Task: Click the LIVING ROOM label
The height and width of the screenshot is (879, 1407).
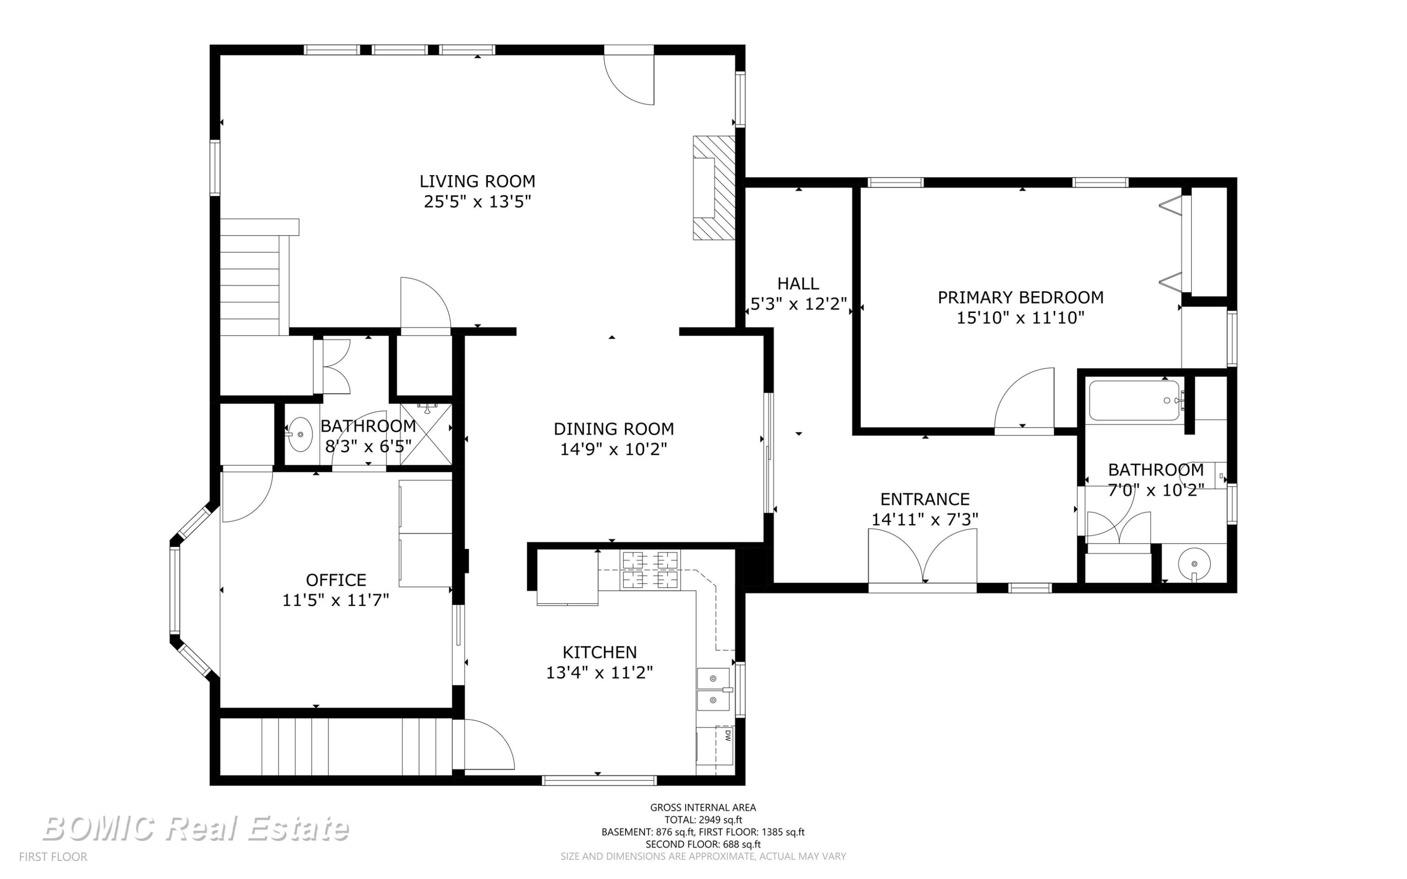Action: coord(477,181)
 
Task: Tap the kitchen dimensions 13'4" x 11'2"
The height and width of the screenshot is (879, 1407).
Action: coord(599,673)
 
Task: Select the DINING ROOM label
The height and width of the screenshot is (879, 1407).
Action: coord(613,429)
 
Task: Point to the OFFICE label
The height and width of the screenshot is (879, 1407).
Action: coord(336,580)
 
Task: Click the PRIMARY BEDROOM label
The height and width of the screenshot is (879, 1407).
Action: coord(1021,298)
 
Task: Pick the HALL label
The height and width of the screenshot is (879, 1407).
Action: coord(798,284)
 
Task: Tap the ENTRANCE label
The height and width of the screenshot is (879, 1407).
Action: coord(925,499)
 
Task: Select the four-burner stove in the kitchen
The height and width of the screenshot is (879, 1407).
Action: coord(650,570)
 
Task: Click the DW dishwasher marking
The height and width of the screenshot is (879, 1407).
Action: coord(727,735)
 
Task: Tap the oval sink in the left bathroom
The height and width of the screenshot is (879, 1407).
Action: coord(300,434)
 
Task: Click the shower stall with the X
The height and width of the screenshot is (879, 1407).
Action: coord(426,433)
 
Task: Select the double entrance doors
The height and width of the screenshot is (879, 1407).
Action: coord(923,558)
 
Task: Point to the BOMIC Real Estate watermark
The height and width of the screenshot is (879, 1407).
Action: coord(196,828)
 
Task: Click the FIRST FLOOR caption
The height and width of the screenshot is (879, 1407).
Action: coord(53,857)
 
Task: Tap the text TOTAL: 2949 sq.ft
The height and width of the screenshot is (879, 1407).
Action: coord(703,820)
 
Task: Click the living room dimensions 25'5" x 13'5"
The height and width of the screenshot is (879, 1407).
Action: coord(477,202)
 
